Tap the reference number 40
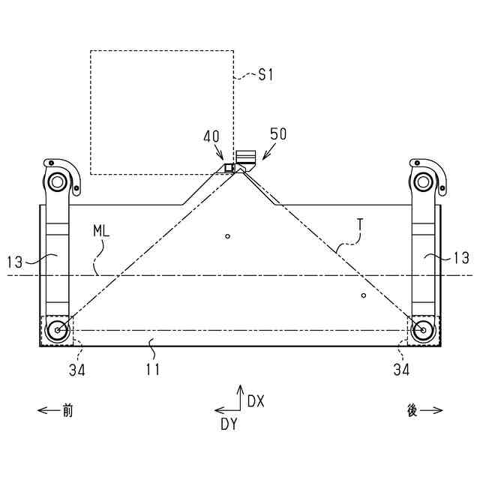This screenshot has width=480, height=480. pyautogui.click(x=211, y=136)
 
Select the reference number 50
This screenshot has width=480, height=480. pyautogui.click(x=278, y=134)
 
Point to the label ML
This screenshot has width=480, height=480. pyautogui.click(x=101, y=232)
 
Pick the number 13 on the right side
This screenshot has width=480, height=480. pyautogui.click(x=461, y=258)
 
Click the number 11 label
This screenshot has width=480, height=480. pyautogui.click(x=152, y=369)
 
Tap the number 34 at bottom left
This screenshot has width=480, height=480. pyautogui.click(x=77, y=369)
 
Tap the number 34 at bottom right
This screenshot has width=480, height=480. pyautogui.click(x=402, y=369)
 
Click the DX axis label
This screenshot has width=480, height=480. pyautogui.click(x=256, y=401)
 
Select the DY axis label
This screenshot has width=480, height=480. pyautogui.click(x=229, y=424)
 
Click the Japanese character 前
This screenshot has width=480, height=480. pyautogui.click(x=68, y=410)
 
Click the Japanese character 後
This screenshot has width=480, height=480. pyautogui.click(x=412, y=411)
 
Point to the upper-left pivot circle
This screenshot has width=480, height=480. pyautogui.click(x=56, y=181)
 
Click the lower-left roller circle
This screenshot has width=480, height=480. pyautogui.click(x=56, y=329)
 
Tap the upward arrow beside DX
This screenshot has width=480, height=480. pyautogui.click(x=240, y=396)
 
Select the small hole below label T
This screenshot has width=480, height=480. pyautogui.click(x=363, y=295)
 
